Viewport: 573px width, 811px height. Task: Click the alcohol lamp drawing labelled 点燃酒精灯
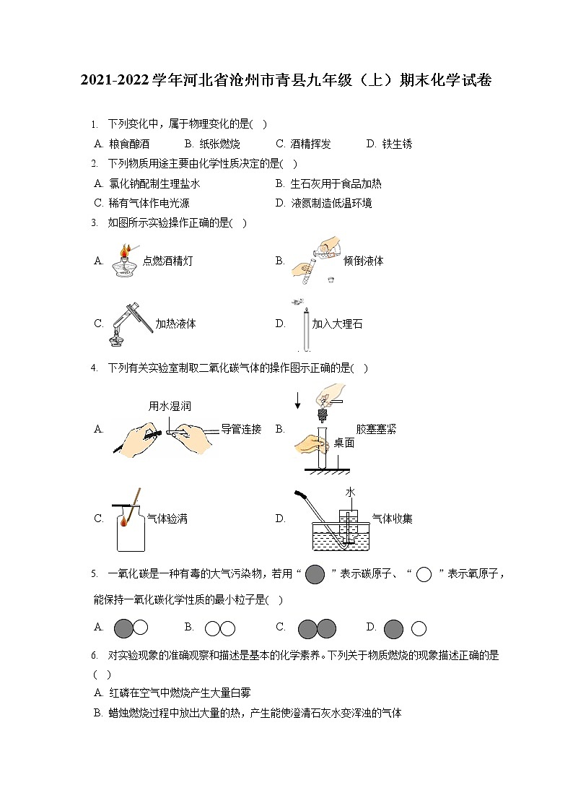click(124, 263)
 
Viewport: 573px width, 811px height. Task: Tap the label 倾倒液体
click(364, 261)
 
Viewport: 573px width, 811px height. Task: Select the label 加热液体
click(175, 324)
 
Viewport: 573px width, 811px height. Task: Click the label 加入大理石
click(337, 324)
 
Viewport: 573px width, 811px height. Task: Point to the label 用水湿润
click(170, 407)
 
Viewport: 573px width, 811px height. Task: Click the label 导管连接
click(241, 429)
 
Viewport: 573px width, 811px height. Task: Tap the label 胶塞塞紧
click(376, 429)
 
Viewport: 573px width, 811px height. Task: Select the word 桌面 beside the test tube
click(344, 443)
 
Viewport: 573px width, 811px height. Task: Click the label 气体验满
click(167, 519)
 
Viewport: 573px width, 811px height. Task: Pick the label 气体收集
click(392, 519)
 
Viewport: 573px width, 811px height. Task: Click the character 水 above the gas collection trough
click(350, 492)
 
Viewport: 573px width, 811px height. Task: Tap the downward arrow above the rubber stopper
click(297, 399)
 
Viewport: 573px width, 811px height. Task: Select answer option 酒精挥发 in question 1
click(310, 144)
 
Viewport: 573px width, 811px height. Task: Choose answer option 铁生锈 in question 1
click(398, 144)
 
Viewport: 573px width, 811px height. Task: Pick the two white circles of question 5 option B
click(219, 628)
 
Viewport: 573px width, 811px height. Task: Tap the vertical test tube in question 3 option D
click(307, 329)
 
